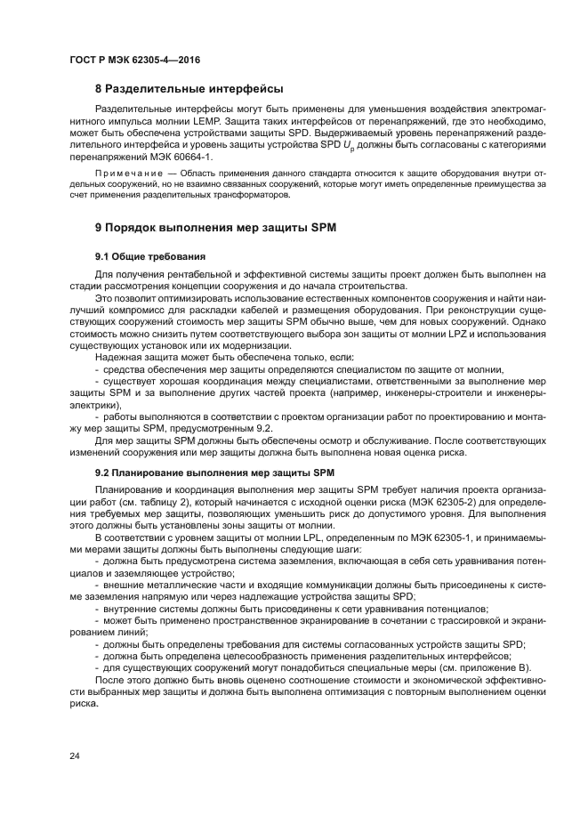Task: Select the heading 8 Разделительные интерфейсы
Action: click(x=189, y=89)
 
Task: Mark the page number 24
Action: click(x=75, y=755)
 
